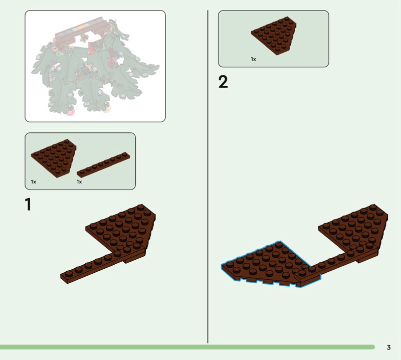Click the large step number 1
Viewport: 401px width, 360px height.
[x=28, y=204]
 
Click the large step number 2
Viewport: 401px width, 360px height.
[x=223, y=82]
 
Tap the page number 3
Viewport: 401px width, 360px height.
[x=389, y=347]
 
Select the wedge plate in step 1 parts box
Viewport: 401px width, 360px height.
[x=55, y=157]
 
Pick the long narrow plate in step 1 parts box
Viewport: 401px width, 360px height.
[x=103, y=164]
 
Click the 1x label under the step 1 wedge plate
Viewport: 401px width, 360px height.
[x=34, y=182]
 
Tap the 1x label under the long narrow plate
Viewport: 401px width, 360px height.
[x=79, y=182]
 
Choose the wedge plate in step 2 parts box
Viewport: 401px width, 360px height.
[x=274, y=35]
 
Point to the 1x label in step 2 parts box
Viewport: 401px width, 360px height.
[x=254, y=59]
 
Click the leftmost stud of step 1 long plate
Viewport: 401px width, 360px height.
[x=69, y=273]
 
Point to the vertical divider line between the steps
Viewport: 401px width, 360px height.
[x=208, y=176]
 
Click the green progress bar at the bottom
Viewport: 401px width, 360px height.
[x=187, y=347]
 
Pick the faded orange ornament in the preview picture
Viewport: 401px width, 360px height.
[x=107, y=109]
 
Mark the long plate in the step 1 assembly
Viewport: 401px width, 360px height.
[x=102, y=264]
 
